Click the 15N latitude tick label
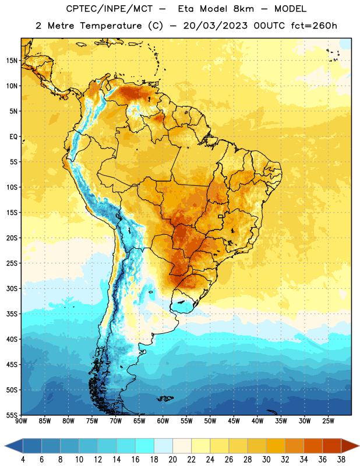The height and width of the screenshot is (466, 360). coord(12,61)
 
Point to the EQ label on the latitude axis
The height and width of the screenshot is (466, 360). coord(13,137)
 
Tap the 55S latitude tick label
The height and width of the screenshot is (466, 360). coord(12,415)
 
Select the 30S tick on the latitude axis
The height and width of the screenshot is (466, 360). coord(12,288)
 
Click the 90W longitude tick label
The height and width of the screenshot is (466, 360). coord(21,421)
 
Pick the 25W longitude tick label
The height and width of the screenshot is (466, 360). coord(329,421)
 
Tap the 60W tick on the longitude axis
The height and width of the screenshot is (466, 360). coord(163,421)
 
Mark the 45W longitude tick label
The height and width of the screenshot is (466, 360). coord(234,421)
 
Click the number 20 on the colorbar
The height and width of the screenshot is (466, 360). coord(172,460)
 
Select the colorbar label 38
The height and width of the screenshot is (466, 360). coord(341,460)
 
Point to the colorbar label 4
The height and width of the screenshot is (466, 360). coord(23,460)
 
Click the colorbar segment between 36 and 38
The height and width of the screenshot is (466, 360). coord(332,446)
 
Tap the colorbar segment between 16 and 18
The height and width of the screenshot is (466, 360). coord(145,446)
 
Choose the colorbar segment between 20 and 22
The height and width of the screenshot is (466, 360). coord(182,446)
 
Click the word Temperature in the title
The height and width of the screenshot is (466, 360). coord(111,26)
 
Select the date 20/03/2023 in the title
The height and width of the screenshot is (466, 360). coord(215,26)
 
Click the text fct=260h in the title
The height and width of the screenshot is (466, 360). coord(314,26)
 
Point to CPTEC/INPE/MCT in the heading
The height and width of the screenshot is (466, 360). coord(109,9)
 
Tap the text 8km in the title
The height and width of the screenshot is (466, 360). coord(243,9)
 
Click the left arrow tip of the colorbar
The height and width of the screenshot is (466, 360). coord(5,446)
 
